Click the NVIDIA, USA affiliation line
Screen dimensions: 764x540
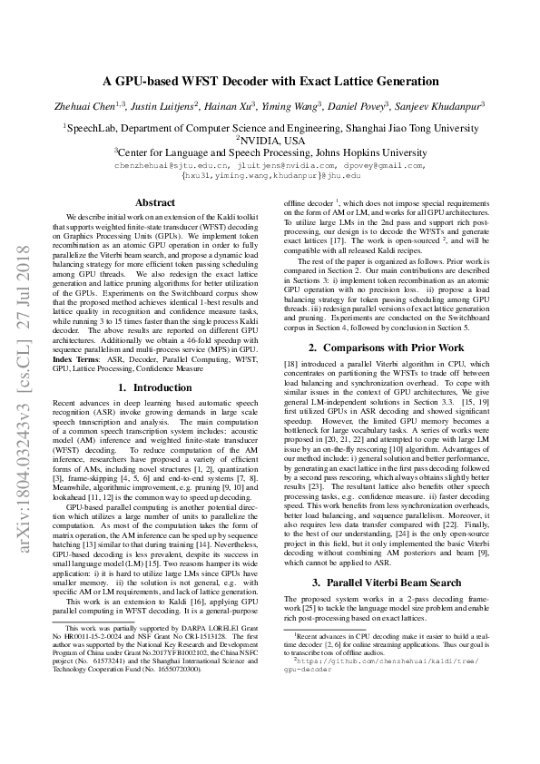point(271,141)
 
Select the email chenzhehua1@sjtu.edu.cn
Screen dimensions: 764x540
point(172,166)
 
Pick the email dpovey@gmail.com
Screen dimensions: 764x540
point(388,166)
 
